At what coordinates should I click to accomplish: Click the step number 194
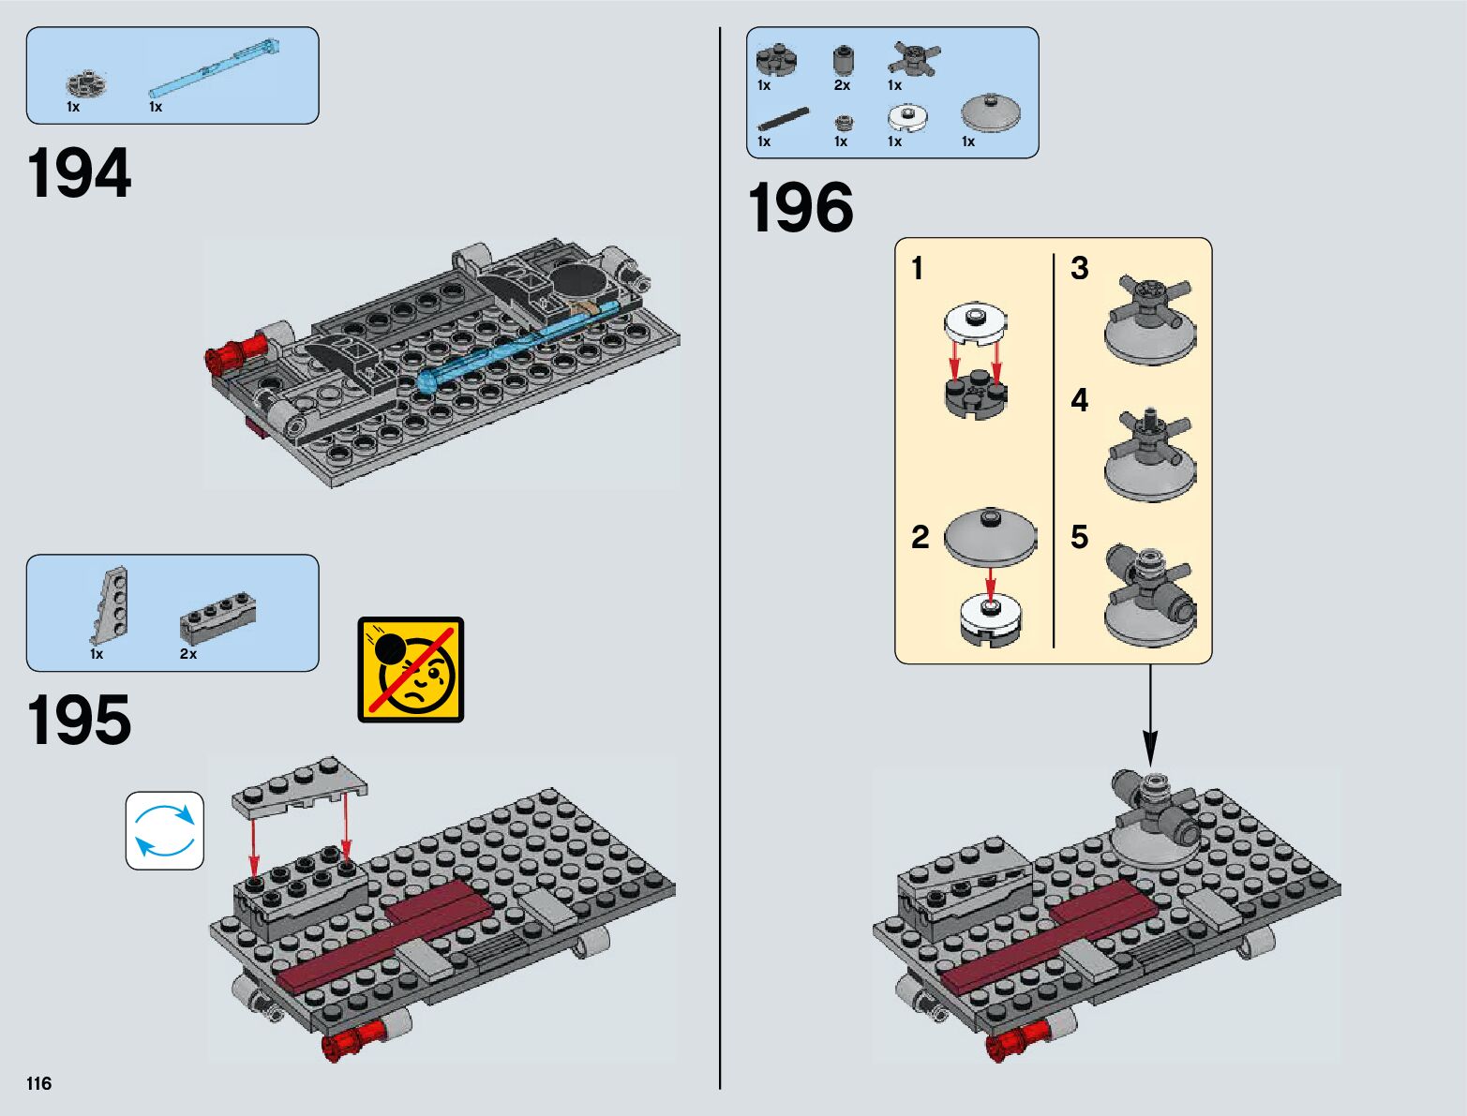pos(80,173)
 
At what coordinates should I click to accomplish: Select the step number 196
pos(801,208)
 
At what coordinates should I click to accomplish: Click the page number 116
pos(39,1083)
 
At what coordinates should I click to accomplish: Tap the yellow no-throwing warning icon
pos(411,669)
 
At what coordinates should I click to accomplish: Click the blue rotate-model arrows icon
pos(165,830)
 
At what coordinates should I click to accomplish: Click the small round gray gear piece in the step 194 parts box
pos(86,84)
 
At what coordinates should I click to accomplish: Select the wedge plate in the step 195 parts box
pos(112,605)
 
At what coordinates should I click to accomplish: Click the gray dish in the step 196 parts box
pos(990,113)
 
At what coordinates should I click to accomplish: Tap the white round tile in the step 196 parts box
pos(906,117)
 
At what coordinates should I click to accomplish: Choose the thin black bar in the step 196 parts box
pos(783,118)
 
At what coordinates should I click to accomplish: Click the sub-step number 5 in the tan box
pos(1080,537)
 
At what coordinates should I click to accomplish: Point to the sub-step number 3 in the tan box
pos(1080,269)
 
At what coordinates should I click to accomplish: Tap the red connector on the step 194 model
pos(231,355)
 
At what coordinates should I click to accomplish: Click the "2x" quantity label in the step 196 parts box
pos(842,85)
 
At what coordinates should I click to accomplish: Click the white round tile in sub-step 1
pos(975,323)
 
